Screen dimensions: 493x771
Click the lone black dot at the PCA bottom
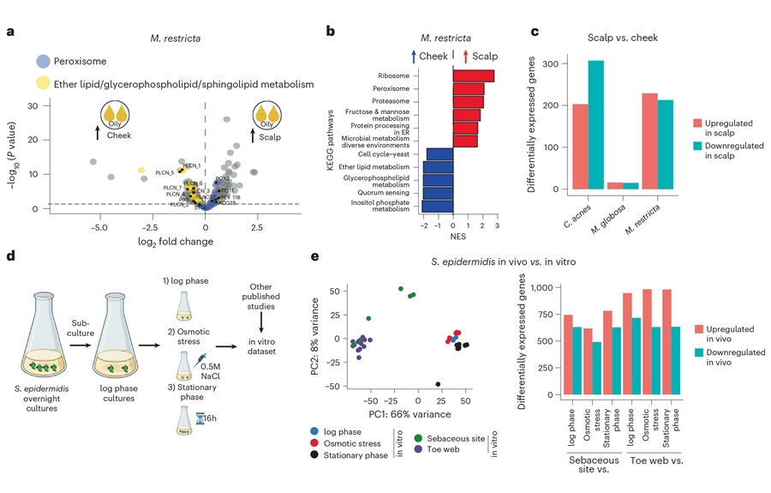tap(438, 384)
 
